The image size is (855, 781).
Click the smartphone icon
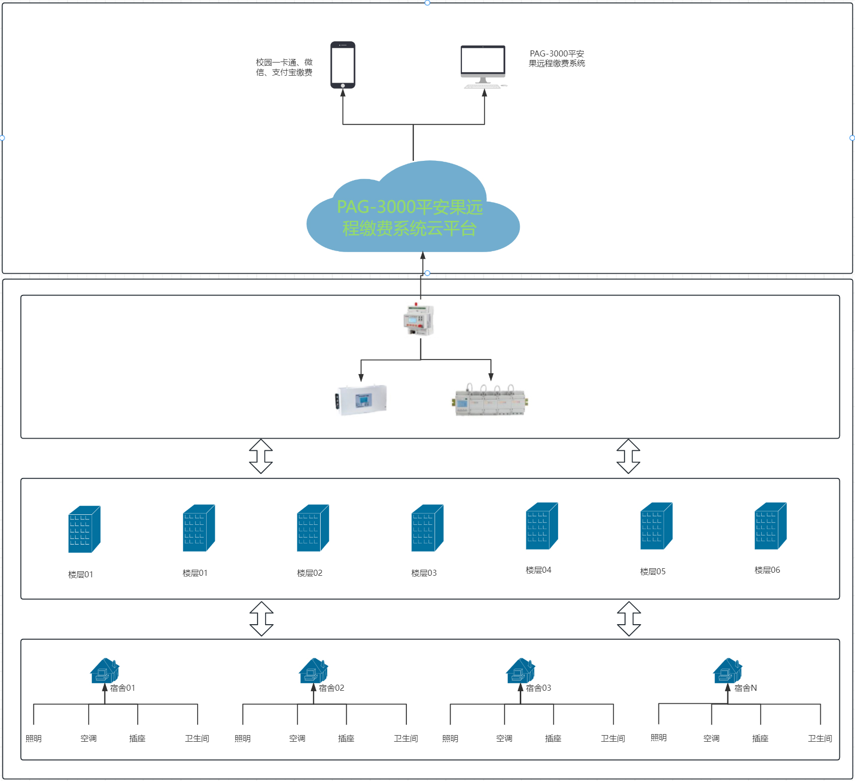click(x=343, y=65)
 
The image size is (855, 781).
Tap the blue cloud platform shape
click(x=413, y=207)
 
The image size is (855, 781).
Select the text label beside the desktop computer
click(x=557, y=58)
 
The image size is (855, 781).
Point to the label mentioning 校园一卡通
click(x=284, y=68)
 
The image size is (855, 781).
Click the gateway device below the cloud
click(x=418, y=319)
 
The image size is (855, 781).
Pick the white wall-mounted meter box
click(x=360, y=400)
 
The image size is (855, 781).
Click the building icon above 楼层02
click(x=313, y=528)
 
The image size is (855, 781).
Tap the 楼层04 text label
click(x=538, y=570)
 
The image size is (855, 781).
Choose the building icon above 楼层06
click(x=770, y=526)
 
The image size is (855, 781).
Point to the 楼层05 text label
click(x=653, y=572)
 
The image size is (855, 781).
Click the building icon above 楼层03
click(x=427, y=528)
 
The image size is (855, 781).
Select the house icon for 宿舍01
click(x=105, y=671)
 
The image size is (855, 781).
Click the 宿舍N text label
click(x=746, y=688)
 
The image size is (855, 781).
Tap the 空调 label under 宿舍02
click(x=297, y=739)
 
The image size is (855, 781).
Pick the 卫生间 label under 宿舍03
click(x=613, y=739)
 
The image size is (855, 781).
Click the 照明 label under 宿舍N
click(x=659, y=738)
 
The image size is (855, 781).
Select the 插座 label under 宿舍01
click(x=137, y=739)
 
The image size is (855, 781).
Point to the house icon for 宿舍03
click(x=521, y=671)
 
